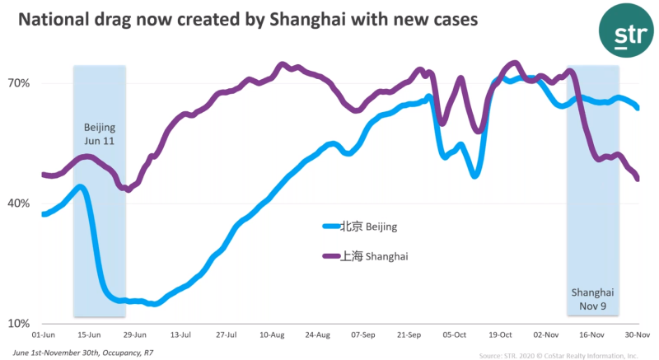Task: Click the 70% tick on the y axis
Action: point(20,83)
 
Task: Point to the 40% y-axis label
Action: point(20,203)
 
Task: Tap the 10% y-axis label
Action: point(20,324)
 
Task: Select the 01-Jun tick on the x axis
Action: point(44,336)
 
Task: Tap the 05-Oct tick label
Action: point(455,336)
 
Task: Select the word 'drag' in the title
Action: point(123,20)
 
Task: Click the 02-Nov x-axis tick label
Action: point(546,336)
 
